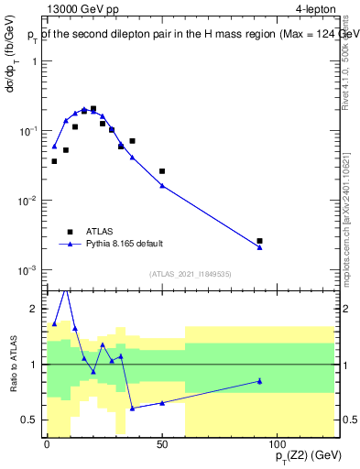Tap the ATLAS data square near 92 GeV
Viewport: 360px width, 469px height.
point(260,241)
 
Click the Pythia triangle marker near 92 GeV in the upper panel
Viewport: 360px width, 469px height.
point(260,247)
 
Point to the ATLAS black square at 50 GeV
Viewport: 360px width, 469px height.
point(162,171)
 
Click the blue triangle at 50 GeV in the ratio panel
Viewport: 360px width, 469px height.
point(162,403)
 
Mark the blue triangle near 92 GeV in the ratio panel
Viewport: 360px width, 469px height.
point(260,381)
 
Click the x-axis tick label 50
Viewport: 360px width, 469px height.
point(162,444)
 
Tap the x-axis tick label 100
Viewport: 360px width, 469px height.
point(278,444)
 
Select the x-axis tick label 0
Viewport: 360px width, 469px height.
point(47,444)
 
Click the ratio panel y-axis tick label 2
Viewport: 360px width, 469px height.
point(33,309)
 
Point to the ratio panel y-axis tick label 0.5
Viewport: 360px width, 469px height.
point(29,420)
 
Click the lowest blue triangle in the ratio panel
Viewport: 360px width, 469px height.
point(133,409)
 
